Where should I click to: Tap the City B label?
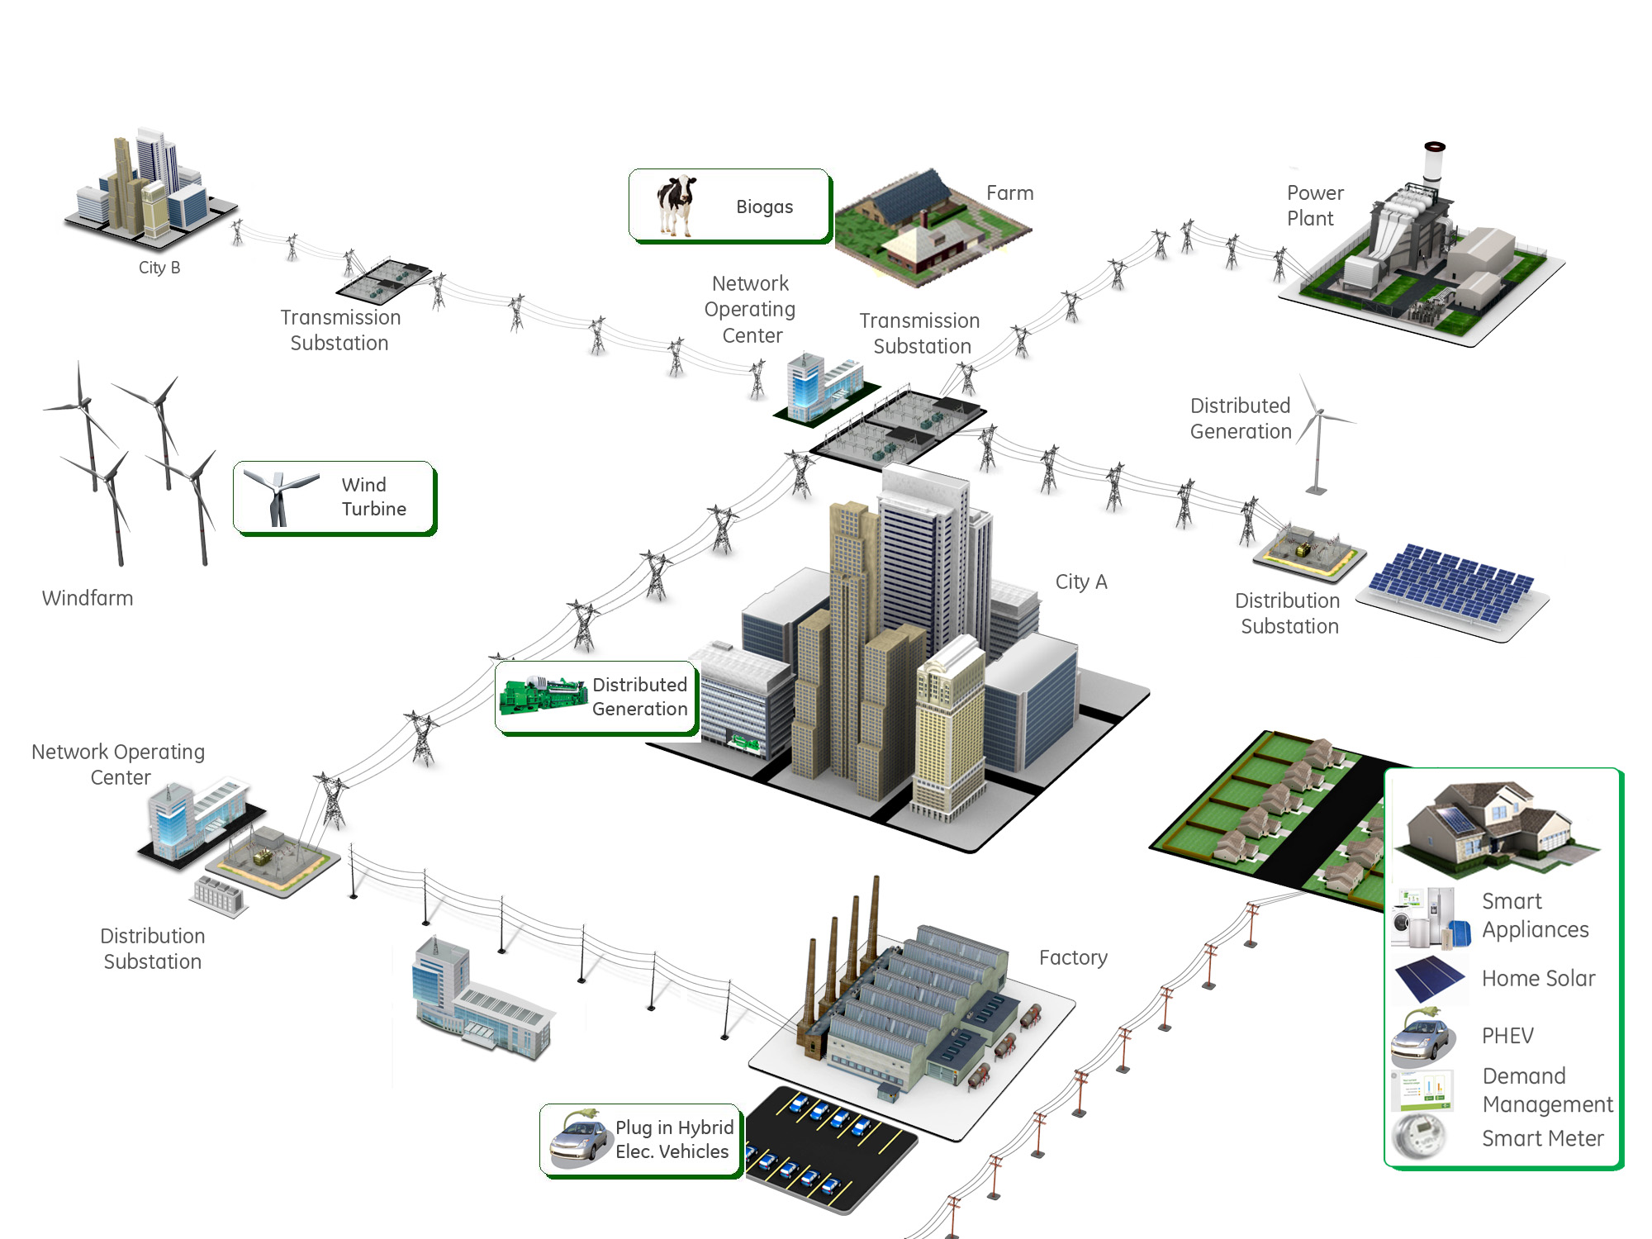click(159, 268)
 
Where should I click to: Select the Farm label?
click(1009, 193)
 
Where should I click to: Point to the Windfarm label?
click(88, 598)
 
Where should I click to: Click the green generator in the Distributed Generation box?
click(542, 695)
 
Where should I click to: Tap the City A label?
click(1080, 582)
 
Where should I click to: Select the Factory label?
click(1072, 957)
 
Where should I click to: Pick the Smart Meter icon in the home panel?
click(1419, 1137)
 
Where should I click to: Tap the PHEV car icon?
click(1422, 1037)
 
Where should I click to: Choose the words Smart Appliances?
click(1534, 915)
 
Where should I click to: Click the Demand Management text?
click(1546, 1090)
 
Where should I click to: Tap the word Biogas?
click(764, 206)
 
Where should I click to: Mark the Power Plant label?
click(1313, 206)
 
